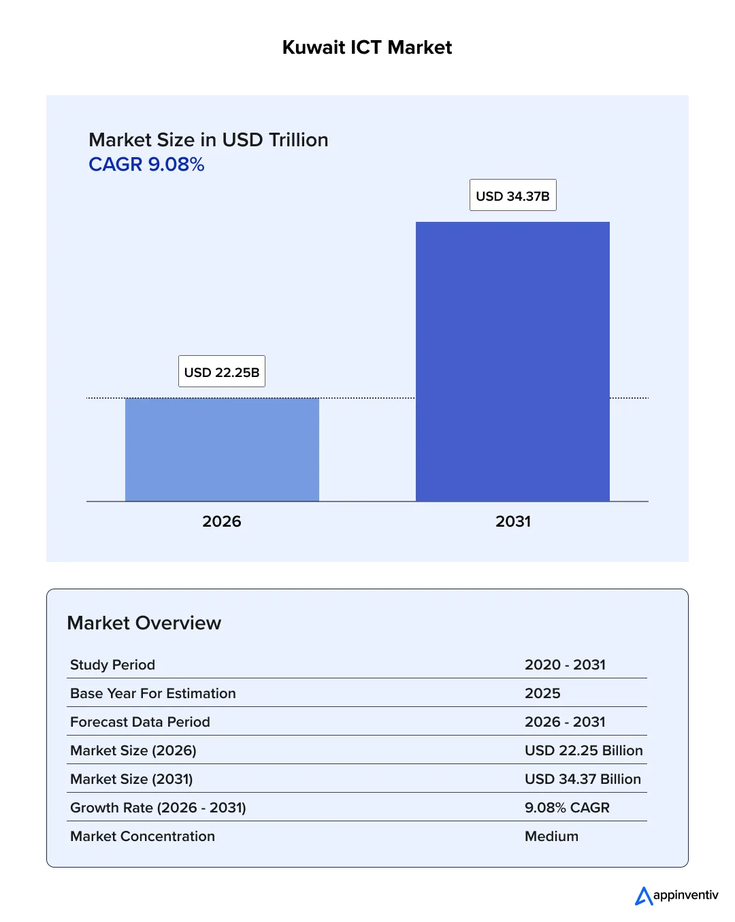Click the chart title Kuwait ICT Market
pos(367,48)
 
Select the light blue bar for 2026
pos(222,450)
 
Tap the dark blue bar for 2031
pos(512,361)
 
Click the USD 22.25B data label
pos(222,372)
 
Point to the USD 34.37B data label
pos(512,195)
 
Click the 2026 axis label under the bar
pos(222,521)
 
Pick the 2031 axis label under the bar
pos(512,521)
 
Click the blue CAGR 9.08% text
pos(146,165)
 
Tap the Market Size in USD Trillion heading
pos(208,139)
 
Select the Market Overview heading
pos(144,623)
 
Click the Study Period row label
pos(112,665)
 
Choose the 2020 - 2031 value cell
pos(565,665)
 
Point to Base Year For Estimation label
pos(153,693)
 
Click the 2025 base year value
pos(542,693)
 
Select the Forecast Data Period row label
pos(140,722)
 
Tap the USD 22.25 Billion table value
pos(583,751)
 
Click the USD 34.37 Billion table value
pos(583,779)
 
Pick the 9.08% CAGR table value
pos(567,808)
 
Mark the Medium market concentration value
pos(551,836)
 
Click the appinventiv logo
pos(676,895)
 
